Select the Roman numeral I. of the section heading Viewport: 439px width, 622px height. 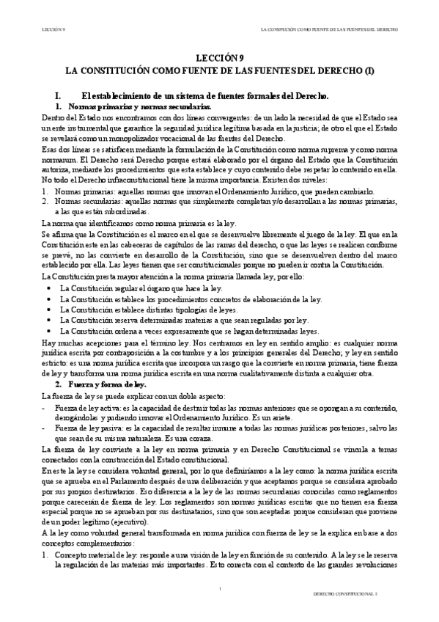click(x=49, y=96)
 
